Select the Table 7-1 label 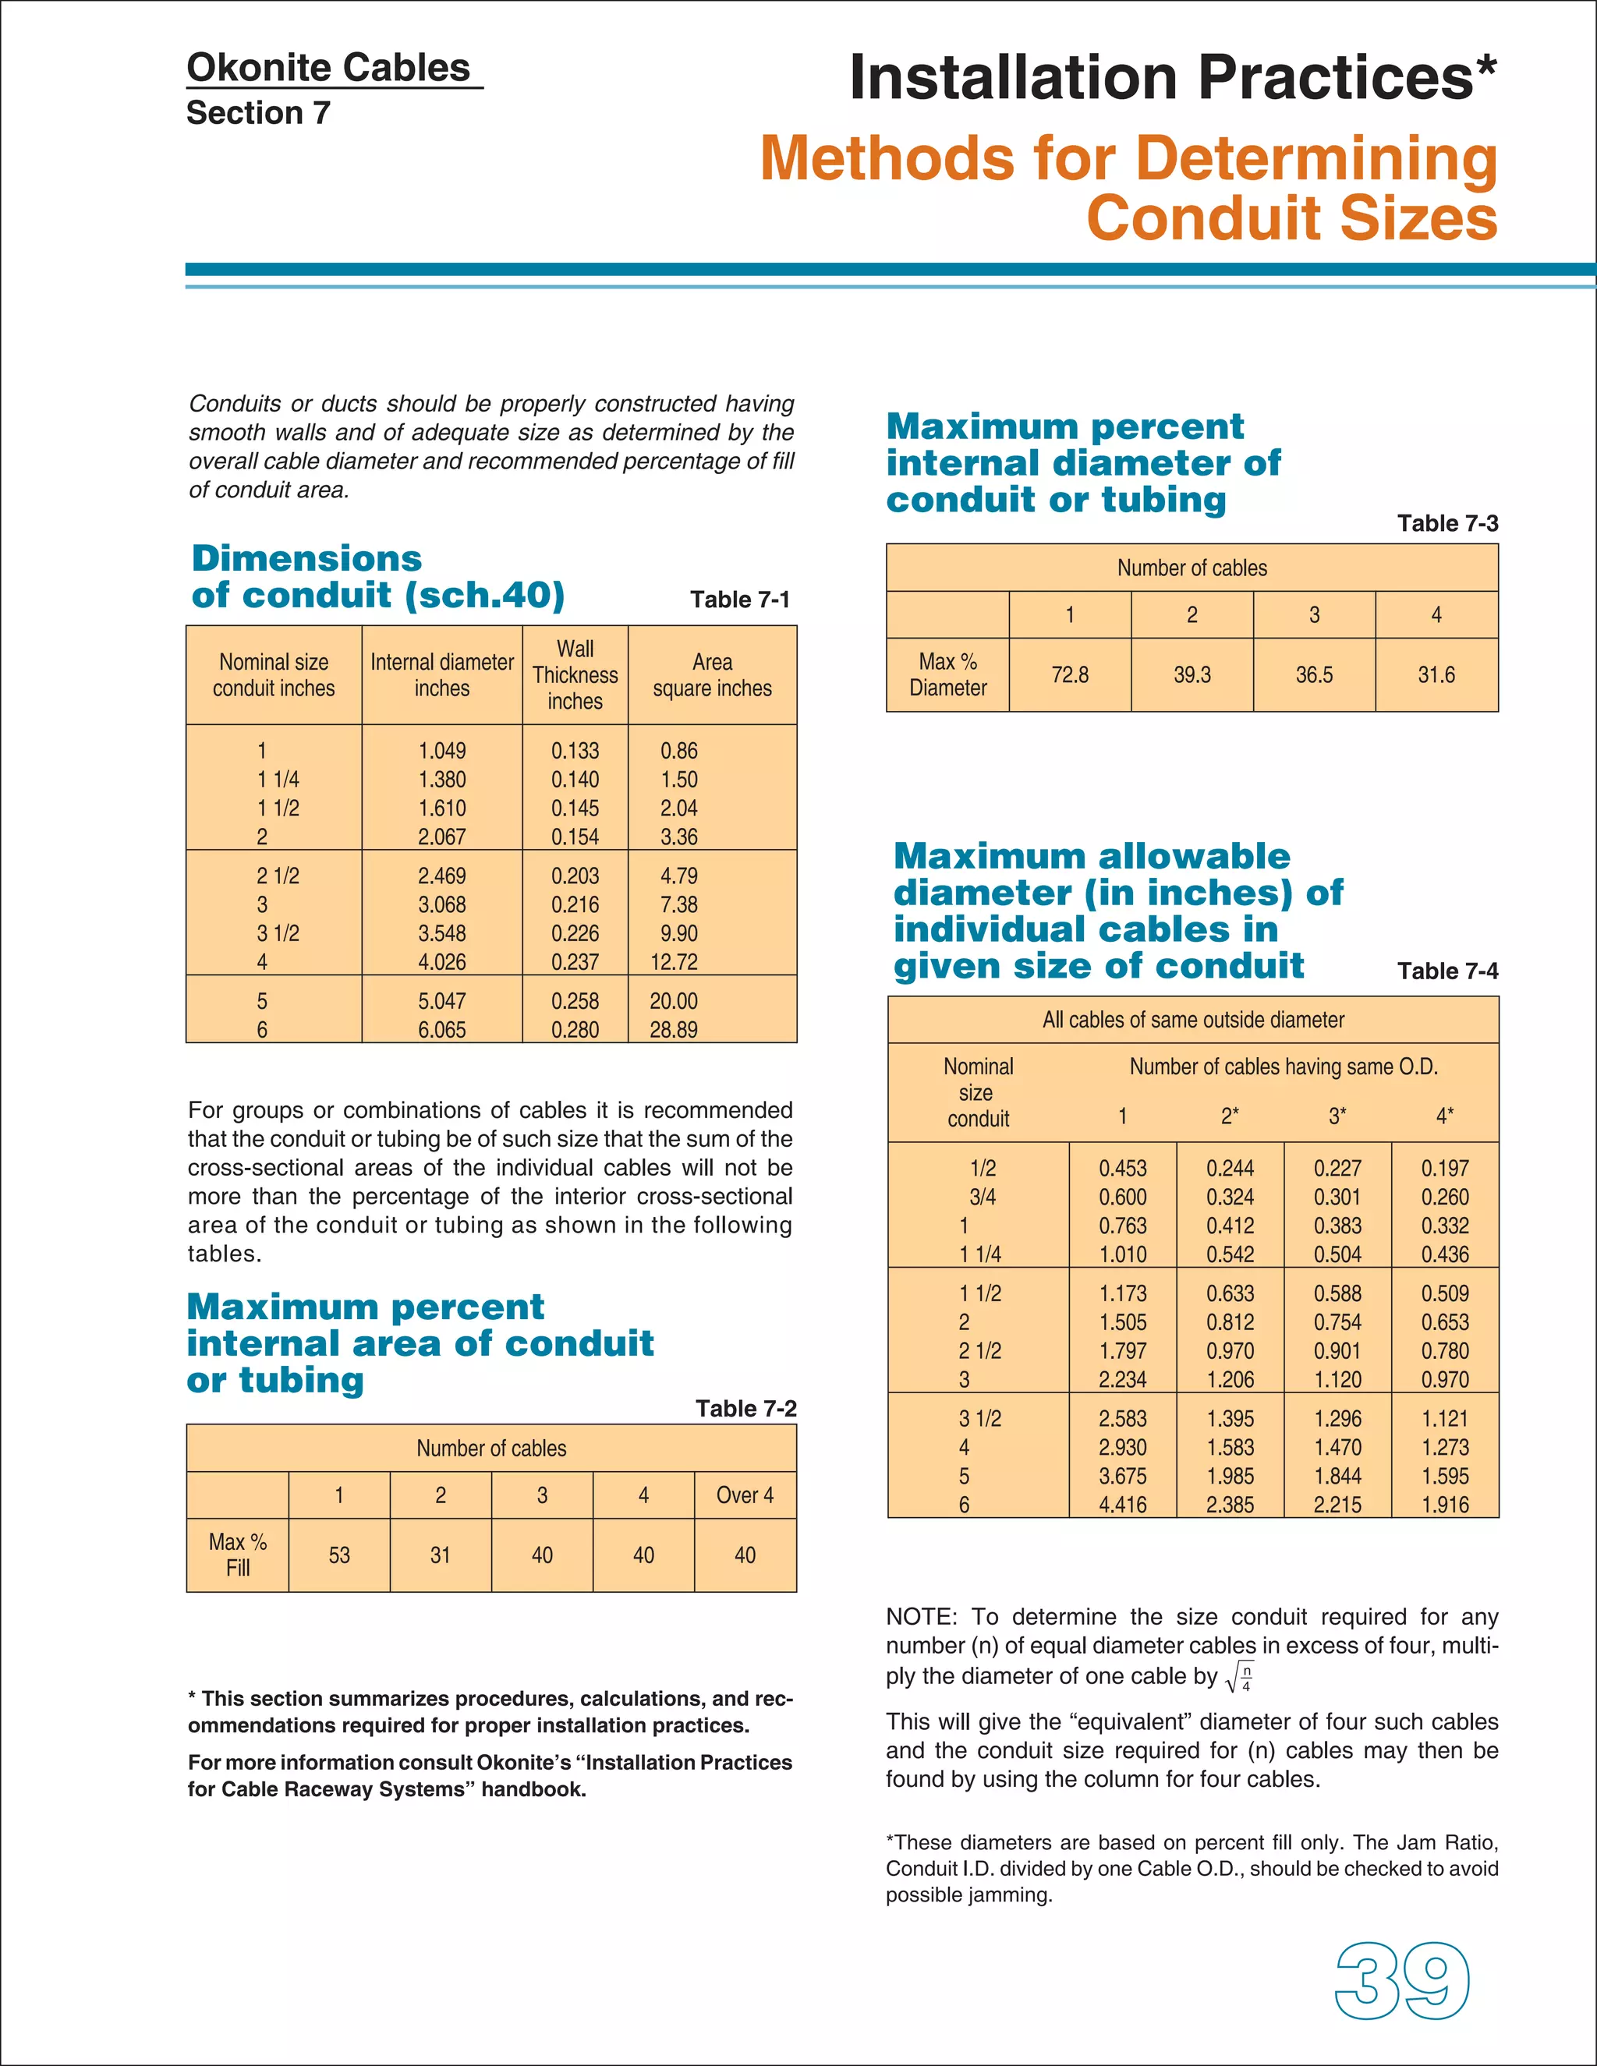click(x=739, y=600)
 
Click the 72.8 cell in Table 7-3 click(x=1069, y=674)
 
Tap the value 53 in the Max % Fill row click(x=338, y=1555)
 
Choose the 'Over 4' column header click(x=745, y=1495)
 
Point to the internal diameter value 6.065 click(x=442, y=1029)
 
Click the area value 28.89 click(x=674, y=1029)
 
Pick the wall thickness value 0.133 click(x=575, y=750)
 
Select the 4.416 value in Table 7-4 click(x=1122, y=1504)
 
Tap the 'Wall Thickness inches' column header click(x=575, y=674)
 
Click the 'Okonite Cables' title click(x=328, y=68)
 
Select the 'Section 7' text click(x=258, y=112)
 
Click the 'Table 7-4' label click(x=1447, y=971)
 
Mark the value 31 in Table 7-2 click(x=440, y=1555)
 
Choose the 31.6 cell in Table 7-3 click(x=1436, y=674)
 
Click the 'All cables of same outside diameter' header click(x=1192, y=1020)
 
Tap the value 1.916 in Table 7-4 click(x=1445, y=1504)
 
